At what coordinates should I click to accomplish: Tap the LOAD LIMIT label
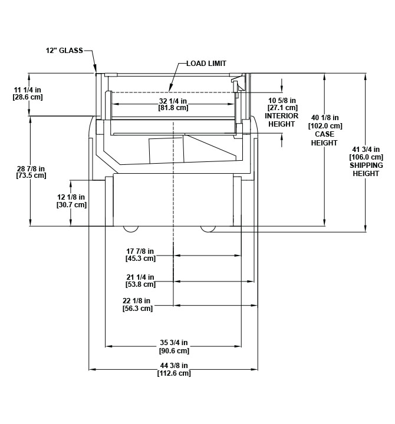(206, 63)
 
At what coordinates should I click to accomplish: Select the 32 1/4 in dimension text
(173, 101)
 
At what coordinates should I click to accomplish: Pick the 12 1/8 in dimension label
(71, 197)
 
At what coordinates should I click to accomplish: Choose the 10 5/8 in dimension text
(282, 100)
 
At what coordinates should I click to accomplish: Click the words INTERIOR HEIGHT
(282, 120)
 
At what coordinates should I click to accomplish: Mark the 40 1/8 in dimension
(325, 118)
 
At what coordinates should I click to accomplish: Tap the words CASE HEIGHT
(325, 139)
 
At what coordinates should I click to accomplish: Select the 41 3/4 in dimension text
(366, 150)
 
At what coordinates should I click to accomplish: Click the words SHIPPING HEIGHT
(366, 170)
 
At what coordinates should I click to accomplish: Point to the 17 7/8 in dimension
(140, 250)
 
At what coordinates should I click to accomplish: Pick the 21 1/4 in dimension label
(140, 277)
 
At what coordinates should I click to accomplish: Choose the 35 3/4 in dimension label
(173, 343)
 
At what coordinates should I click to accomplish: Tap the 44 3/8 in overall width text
(173, 365)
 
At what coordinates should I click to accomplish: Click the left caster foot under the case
(131, 228)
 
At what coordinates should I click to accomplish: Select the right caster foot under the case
(208, 228)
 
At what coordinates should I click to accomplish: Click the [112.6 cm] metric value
(174, 373)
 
